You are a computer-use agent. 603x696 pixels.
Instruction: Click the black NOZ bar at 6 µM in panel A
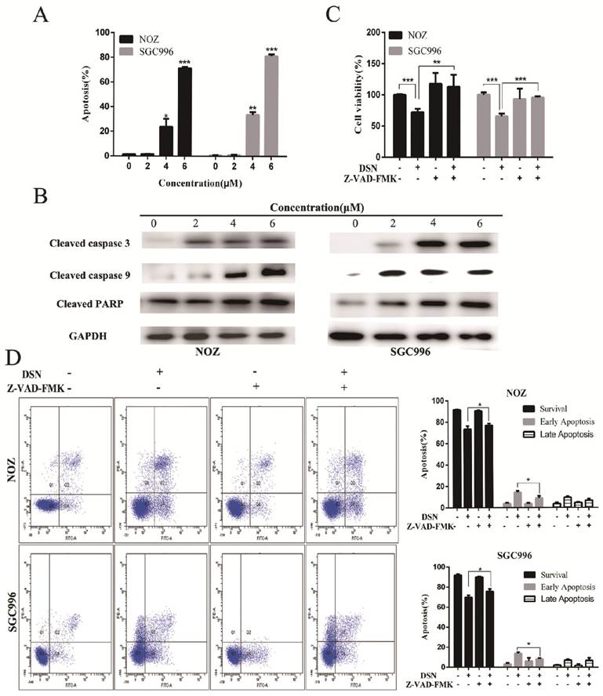185,111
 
